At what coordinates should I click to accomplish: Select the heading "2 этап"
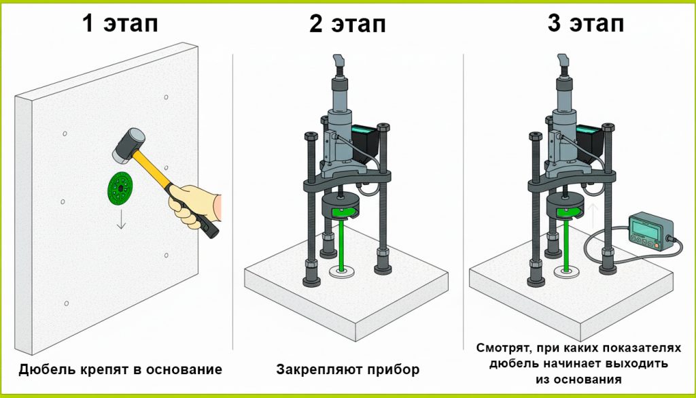347,24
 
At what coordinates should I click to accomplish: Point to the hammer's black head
126,146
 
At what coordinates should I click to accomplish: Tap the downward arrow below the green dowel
121,220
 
